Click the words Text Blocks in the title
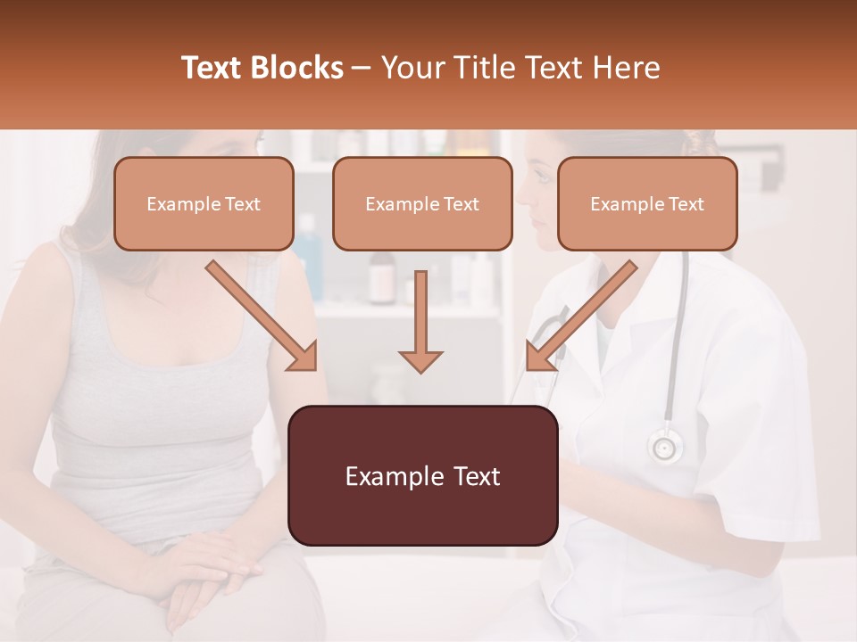tap(262, 68)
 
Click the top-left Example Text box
tap(204, 203)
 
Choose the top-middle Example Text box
tap(422, 203)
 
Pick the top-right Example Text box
tap(647, 203)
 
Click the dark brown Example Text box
tap(423, 475)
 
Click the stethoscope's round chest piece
tap(665, 445)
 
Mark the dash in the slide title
tap(362, 69)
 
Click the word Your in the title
tap(412, 68)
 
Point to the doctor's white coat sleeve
tap(759, 446)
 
